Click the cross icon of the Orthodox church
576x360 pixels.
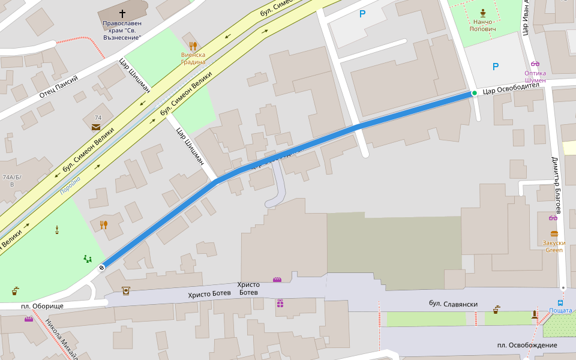(122, 13)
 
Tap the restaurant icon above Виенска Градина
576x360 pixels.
(193, 46)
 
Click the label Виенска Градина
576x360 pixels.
(193, 58)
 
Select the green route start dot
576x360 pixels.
(474, 93)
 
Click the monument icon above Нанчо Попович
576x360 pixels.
(483, 13)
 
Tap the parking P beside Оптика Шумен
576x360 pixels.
(495, 67)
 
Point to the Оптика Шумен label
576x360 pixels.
(535, 76)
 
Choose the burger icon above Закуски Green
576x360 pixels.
(554, 233)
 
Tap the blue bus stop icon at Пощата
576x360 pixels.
(560, 303)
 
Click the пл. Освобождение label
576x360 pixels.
(527, 345)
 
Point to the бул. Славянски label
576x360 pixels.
(453, 304)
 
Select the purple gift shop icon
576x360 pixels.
(280, 303)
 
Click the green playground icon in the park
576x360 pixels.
(88, 259)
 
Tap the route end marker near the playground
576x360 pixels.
(102, 267)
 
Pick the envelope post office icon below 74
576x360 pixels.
(96, 127)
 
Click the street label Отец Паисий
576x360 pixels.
(59, 88)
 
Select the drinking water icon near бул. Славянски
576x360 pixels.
(496, 310)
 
